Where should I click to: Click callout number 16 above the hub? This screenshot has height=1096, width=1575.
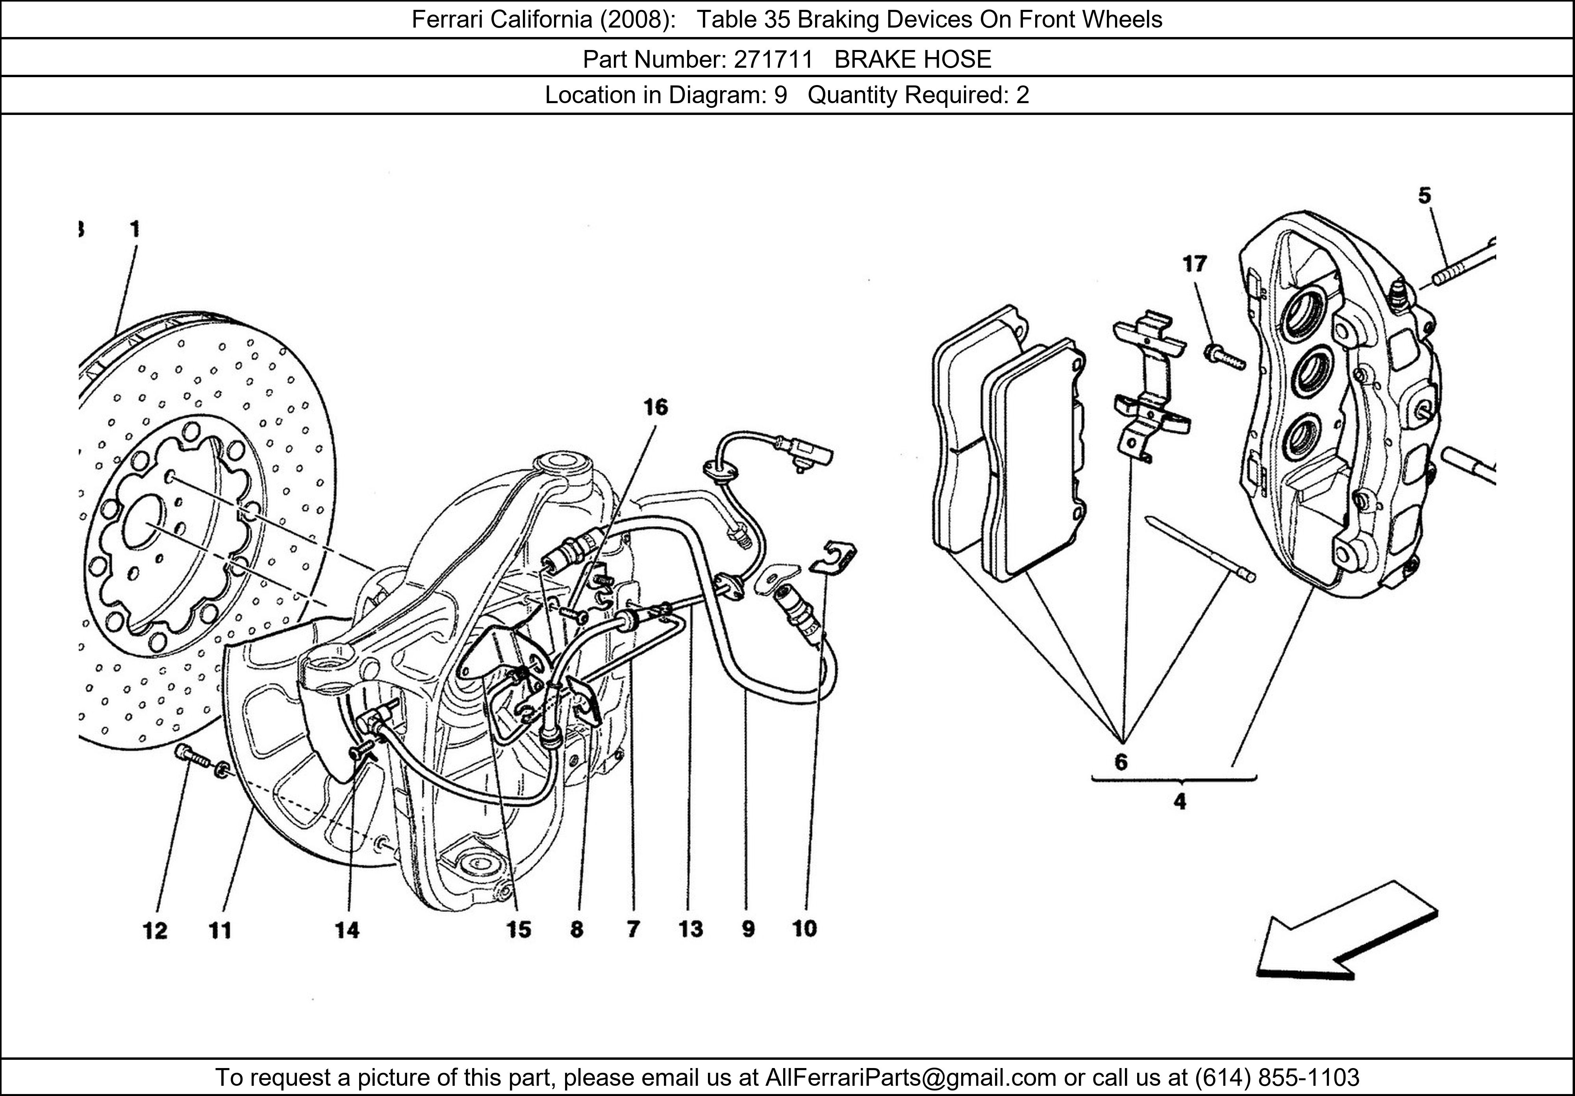point(655,407)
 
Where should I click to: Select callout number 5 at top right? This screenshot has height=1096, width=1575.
point(1425,196)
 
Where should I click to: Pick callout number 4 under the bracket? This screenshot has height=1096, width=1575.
point(1180,801)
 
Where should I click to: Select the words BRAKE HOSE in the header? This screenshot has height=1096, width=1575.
point(913,60)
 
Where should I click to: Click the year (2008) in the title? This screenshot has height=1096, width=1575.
point(632,20)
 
